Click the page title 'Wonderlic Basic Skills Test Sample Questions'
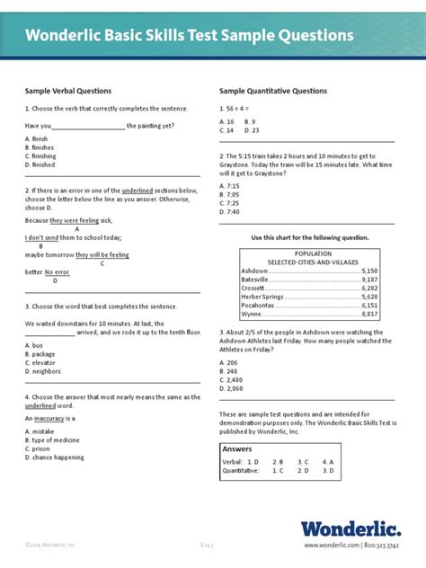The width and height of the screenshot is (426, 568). coord(189,36)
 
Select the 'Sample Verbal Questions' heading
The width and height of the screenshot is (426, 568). coord(67,91)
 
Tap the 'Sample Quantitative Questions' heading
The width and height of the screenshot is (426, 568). coord(273,91)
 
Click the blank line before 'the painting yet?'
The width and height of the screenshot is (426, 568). coord(88,127)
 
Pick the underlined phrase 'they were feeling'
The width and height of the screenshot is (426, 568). coord(75,220)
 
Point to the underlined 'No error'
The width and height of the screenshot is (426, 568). coord(58,271)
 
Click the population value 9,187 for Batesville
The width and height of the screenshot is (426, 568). coord(369,280)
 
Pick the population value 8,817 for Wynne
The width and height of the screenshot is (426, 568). coord(369,315)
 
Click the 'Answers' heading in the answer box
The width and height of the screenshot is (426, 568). coord(237,448)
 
